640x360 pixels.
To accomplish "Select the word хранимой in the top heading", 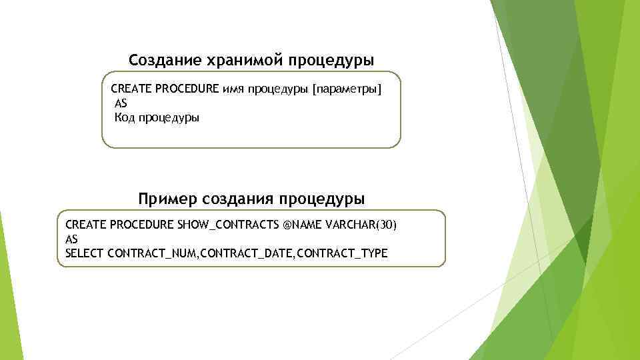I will (236, 61).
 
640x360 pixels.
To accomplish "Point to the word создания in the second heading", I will (237, 199).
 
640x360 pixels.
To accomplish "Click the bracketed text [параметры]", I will (343, 89).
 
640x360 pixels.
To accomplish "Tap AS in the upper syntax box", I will (121, 104).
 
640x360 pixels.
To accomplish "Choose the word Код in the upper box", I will (125, 118).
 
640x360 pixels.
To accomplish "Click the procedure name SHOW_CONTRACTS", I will (229, 225).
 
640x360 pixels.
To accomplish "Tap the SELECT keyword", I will (85, 253).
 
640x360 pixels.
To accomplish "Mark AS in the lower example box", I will (72, 239).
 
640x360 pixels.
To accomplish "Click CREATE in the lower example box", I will (85, 225).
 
